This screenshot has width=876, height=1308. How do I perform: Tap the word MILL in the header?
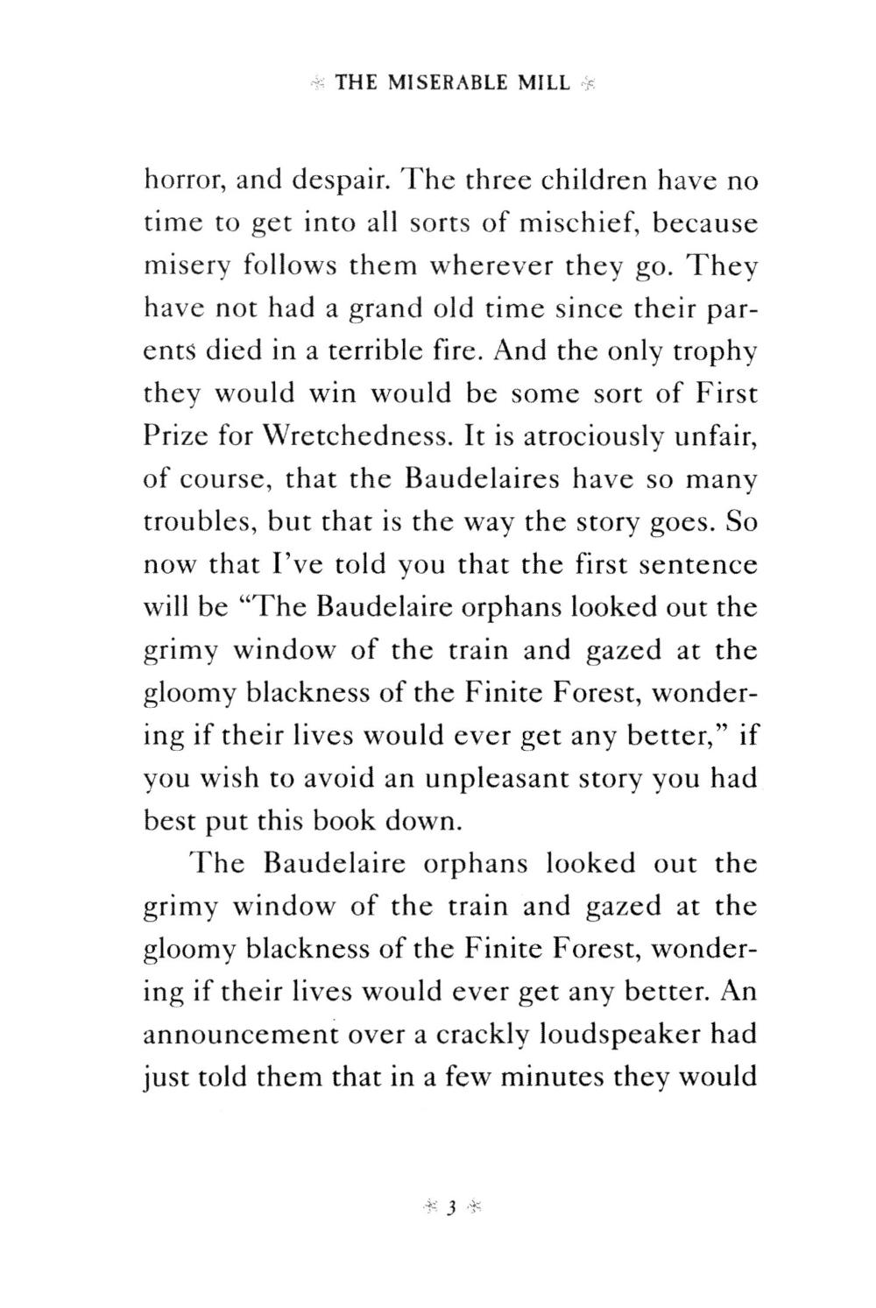542,83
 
